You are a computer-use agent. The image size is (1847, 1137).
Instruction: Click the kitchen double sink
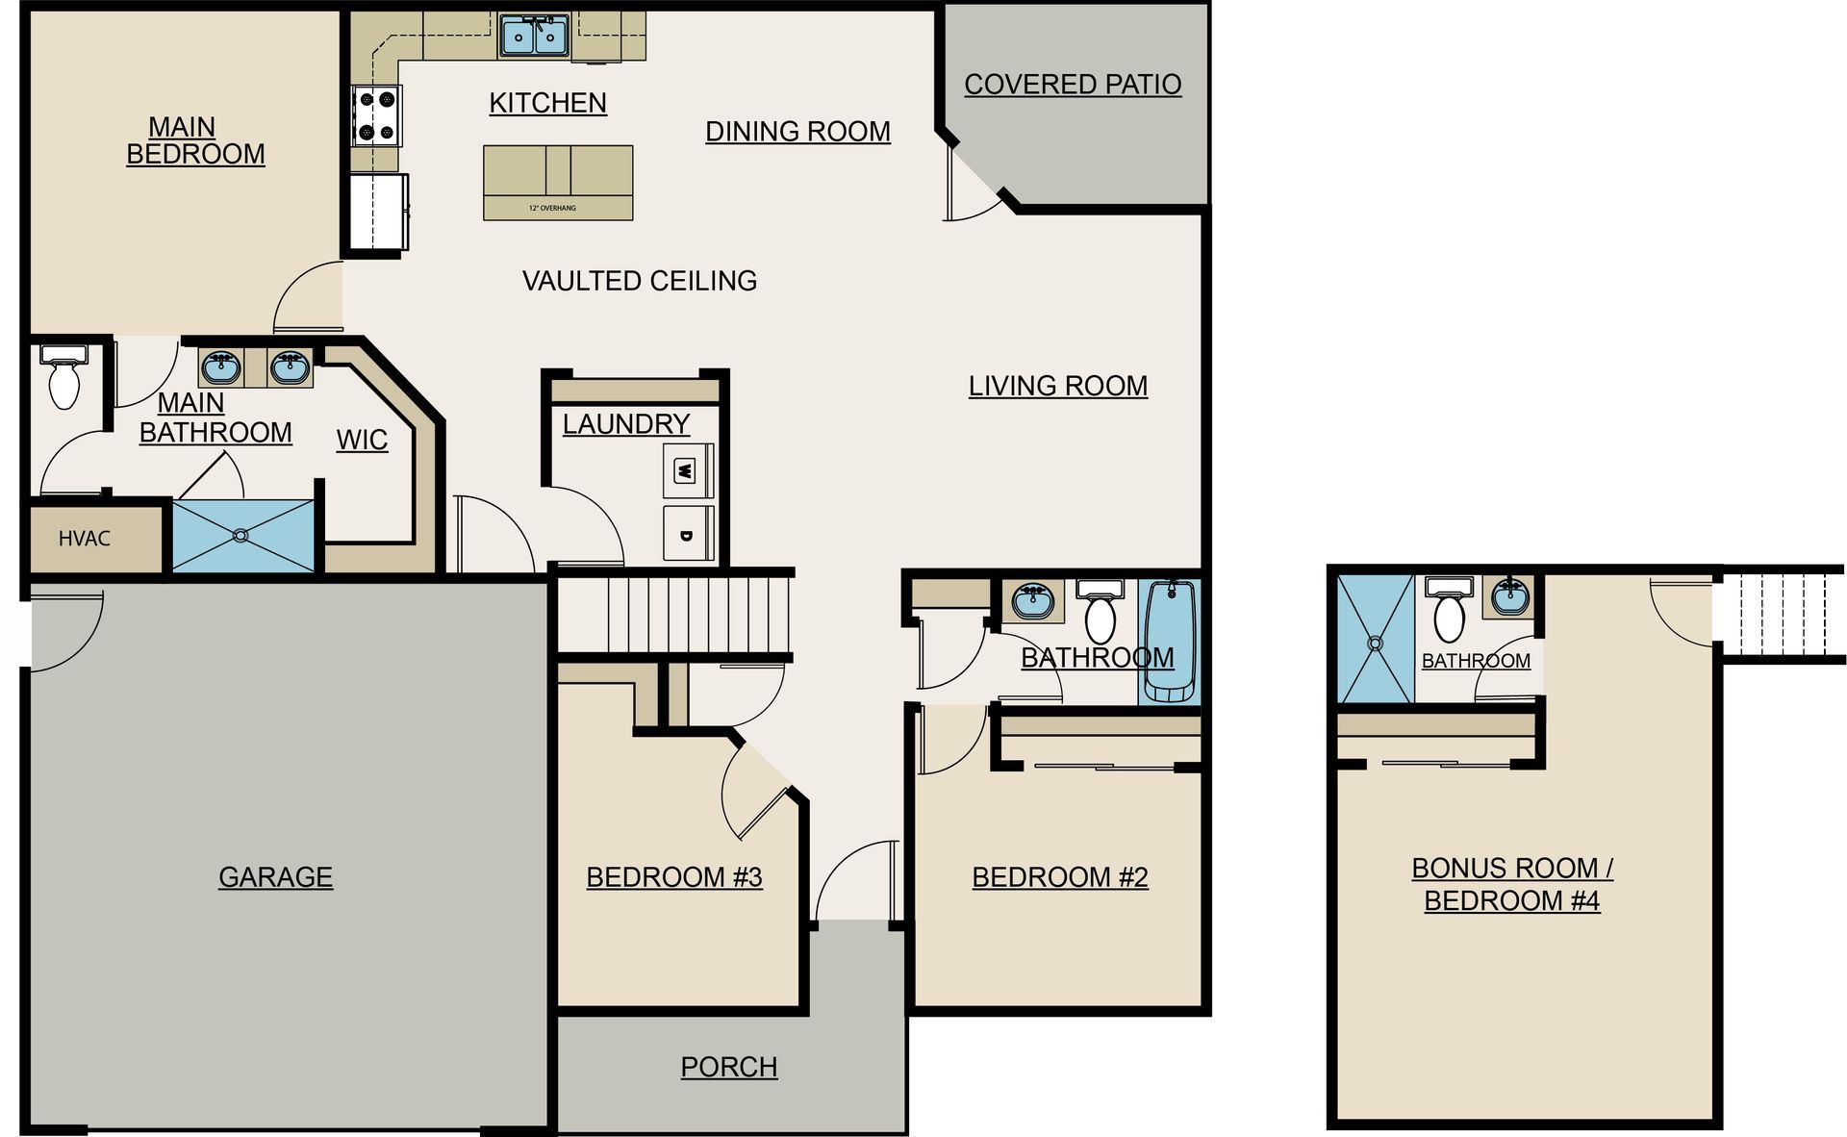(x=534, y=37)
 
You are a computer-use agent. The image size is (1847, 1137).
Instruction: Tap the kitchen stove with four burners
(x=377, y=114)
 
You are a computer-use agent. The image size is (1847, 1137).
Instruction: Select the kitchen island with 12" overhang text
(x=558, y=183)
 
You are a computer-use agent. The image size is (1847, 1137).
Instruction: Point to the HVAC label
(x=85, y=539)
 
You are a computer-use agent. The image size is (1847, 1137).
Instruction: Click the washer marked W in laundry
(x=687, y=471)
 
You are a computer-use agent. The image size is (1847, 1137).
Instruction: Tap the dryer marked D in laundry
(x=687, y=534)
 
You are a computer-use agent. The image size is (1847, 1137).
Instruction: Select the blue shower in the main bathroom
(x=243, y=536)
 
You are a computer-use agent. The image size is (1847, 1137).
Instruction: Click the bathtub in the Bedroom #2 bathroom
(x=1169, y=641)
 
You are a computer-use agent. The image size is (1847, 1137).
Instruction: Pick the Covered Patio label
(x=1072, y=85)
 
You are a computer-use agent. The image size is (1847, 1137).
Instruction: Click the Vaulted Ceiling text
(x=639, y=281)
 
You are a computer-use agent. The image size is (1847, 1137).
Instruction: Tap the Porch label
(x=728, y=1067)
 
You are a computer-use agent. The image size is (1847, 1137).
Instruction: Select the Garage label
(x=275, y=877)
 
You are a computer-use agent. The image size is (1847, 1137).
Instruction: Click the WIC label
(x=362, y=440)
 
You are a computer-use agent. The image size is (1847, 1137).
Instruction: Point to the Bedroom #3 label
(x=673, y=877)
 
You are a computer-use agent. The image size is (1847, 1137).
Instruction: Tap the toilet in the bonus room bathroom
(x=1449, y=612)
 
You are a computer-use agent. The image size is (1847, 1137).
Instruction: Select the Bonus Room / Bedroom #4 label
(x=1511, y=884)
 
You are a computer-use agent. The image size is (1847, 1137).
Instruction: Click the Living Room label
(x=1057, y=386)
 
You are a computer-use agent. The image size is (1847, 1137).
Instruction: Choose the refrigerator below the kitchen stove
(x=378, y=213)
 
